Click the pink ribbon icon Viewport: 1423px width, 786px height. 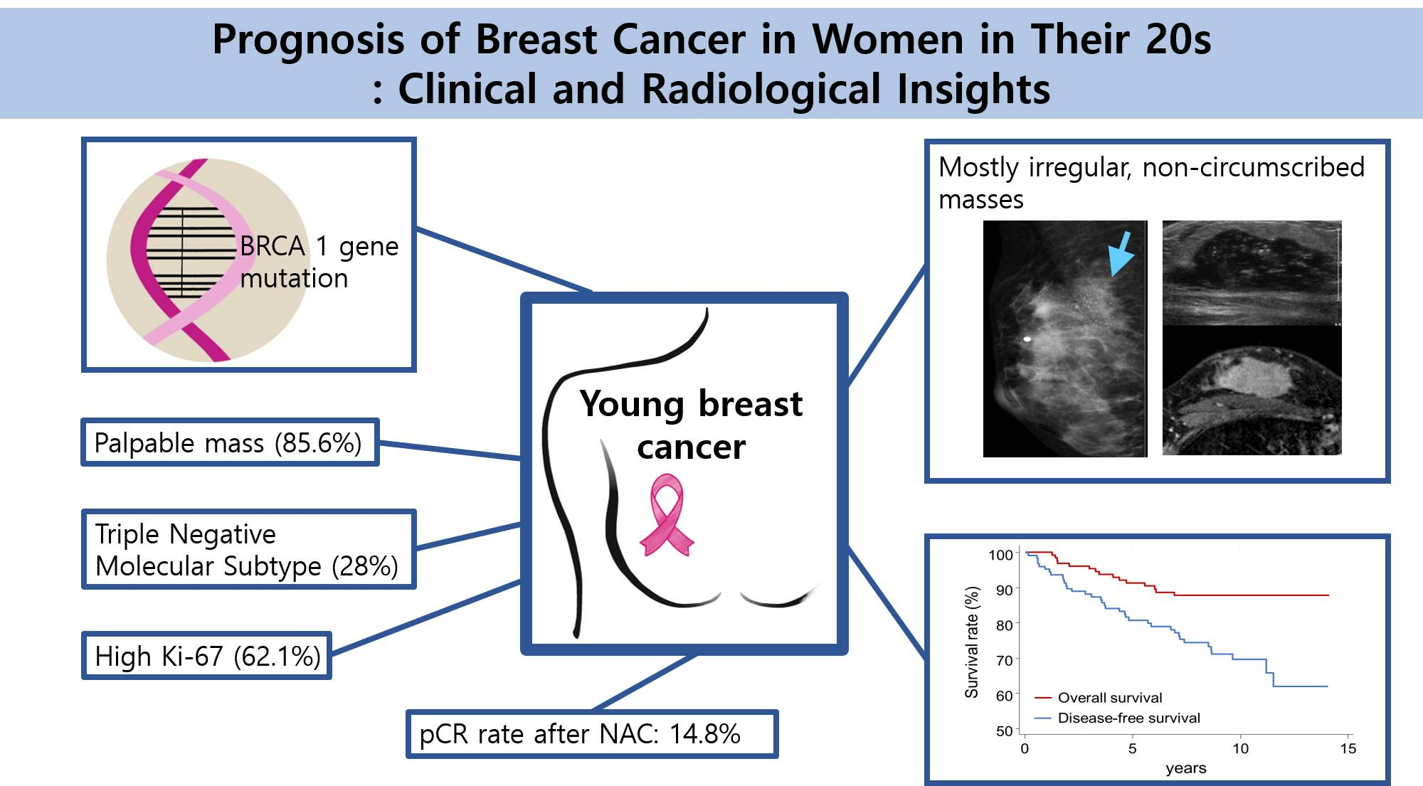click(x=667, y=515)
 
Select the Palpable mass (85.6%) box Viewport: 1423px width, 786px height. click(x=230, y=442)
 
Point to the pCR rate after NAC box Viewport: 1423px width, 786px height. click(x=592, y=733)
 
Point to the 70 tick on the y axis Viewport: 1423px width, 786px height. click(x=1004, y=660)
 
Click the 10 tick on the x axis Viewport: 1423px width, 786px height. click(x=1240, y=748)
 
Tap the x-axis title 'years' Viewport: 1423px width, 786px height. click(x=1186, y=768)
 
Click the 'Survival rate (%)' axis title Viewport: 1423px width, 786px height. click(x=972, y=642)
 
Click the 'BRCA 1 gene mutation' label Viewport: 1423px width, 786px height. click(x=319, y=262)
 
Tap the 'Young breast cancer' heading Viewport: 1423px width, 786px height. click(x=692, y=425)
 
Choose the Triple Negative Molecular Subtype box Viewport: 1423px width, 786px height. click(x=248, y=549)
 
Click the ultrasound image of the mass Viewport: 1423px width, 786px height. click(x=1252, y=272)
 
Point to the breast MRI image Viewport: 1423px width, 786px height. click(x=1252, y=391)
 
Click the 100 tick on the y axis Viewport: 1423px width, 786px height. click(x=1000, y=554)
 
